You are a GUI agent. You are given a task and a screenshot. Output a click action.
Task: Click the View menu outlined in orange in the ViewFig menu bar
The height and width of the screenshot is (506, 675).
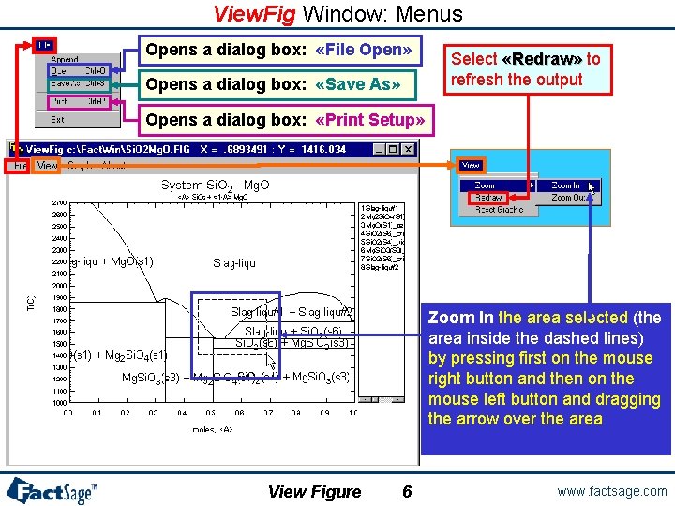[47, 166]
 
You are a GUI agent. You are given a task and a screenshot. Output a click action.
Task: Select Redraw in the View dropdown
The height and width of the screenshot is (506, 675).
[488, 198]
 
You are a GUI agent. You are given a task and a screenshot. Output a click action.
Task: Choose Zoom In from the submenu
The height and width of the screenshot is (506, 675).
[565, 186]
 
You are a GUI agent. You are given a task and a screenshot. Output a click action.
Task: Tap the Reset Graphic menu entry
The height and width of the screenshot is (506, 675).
[499, 210]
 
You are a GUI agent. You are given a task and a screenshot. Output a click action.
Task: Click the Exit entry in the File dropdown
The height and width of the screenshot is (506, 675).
[58, 119]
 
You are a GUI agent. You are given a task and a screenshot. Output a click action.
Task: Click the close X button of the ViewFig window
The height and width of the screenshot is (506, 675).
[408, 149]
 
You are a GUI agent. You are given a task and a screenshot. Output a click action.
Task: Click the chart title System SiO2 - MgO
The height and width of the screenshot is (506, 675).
[215, 186]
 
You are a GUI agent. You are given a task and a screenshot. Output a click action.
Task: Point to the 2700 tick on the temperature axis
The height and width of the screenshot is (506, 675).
[58, 202]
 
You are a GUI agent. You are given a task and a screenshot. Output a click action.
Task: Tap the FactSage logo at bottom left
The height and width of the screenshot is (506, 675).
[52, 489]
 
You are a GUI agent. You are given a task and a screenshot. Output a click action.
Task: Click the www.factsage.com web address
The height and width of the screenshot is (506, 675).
[611, 491]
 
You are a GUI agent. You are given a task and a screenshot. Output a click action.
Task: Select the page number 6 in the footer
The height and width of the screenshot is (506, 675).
[406, 492]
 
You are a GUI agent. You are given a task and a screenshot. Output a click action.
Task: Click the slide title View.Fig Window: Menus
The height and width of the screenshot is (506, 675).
[337, 13]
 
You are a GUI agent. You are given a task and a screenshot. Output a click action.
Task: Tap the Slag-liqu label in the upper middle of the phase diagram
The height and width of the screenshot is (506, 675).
[234, 263]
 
